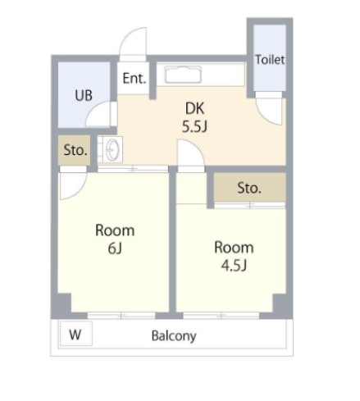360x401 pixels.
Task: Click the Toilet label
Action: (269, 60)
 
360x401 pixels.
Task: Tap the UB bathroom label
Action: (84, 94)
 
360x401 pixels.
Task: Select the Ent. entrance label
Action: (134, 79)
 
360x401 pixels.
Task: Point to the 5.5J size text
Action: (194, 127)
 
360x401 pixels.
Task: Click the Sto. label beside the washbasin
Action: (75, 151)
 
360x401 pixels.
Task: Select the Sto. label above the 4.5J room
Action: (249, 188)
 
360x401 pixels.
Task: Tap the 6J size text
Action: (114, 248)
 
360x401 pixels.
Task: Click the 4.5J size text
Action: (234, 265)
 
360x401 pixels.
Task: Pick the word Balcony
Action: (174, 336)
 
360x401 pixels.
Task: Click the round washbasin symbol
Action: (113, 149)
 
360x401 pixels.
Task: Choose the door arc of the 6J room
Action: (69, 185)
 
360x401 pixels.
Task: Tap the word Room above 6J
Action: (114, 230)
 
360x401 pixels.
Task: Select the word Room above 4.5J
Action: (234, 247)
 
